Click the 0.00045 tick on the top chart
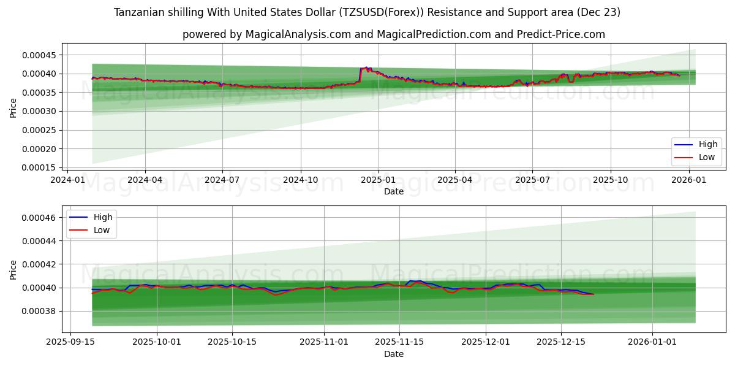tap(40, 55)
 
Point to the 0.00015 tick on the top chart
tap(40, 167)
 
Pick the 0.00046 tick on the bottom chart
tap(40, 218)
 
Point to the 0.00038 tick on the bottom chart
tap(40, 311)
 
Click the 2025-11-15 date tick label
tap(399, 342)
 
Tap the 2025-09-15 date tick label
tap(70, 342)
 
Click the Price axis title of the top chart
tap(13, 107)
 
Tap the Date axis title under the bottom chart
tap(394, 354)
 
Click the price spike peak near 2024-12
tap(366, 67)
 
